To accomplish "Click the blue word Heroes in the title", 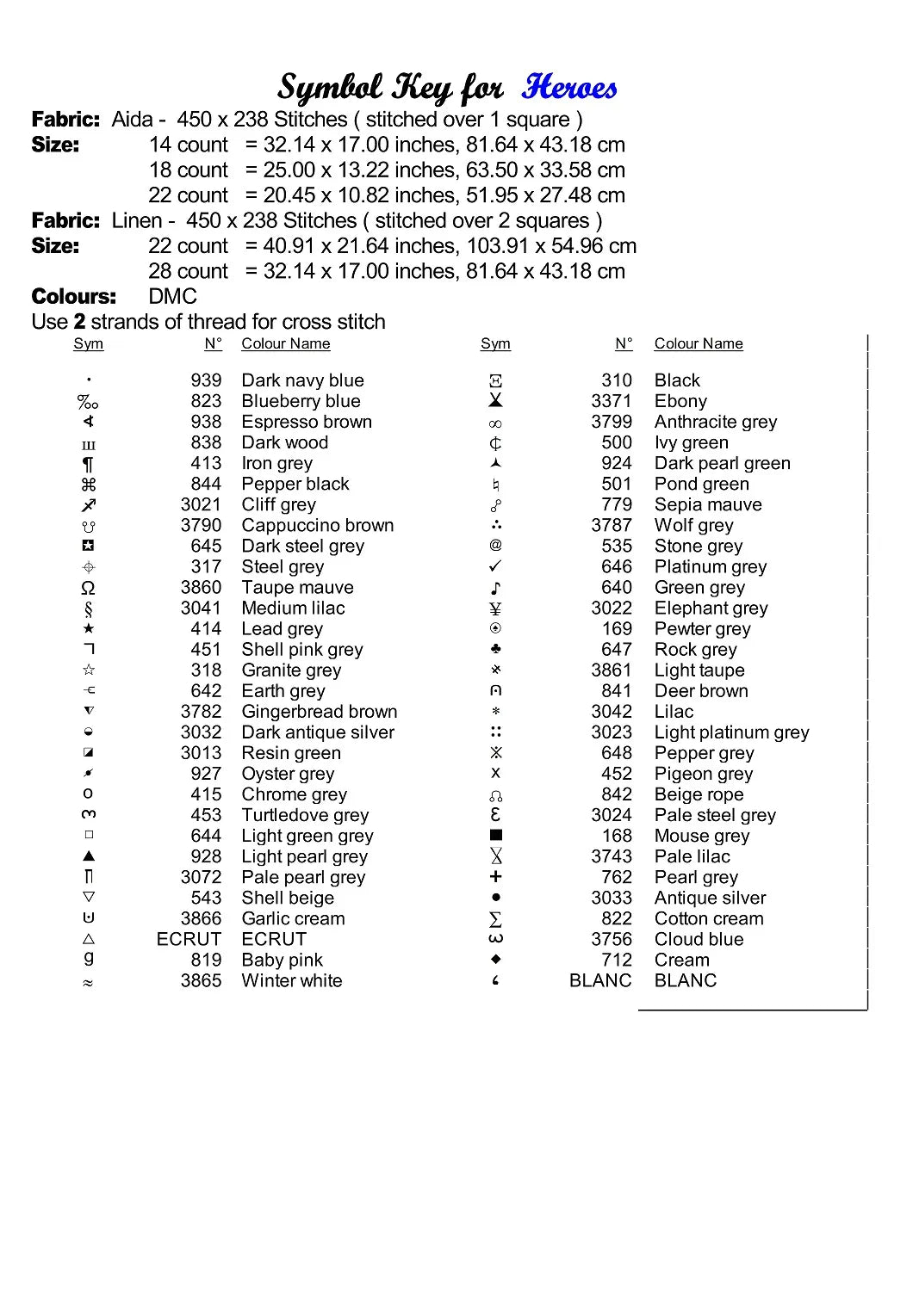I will (x=568, y=88).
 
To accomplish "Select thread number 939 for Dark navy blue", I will (x=206, y=380).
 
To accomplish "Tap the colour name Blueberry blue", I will (x=301, y=401).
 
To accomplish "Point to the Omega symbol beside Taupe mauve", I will (x=88, y=588).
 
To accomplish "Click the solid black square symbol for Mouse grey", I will (x=496, y=835).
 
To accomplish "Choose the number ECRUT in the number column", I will (x=189, y=939).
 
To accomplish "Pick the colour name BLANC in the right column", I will (x=685, y=980).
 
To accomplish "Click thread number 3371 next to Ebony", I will (x=612, y=401).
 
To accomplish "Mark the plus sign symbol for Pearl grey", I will (x=495, y=877).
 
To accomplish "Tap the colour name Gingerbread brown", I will (x=319, y=712).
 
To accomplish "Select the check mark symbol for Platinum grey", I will (x=495, y=566).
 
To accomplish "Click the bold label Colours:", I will (x=73, y=297).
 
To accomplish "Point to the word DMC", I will (x=172, y=297).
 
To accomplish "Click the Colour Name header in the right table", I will (x=698, y=344).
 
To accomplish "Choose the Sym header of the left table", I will (x=88, y=344).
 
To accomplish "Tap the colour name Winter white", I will (x=291, y=980).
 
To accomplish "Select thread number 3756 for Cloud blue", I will (x=612, y=939).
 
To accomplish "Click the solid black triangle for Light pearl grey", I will (x=89, y=856).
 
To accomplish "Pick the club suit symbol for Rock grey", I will (x=495, y=649).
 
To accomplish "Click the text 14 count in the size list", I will (x=188, y=145).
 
